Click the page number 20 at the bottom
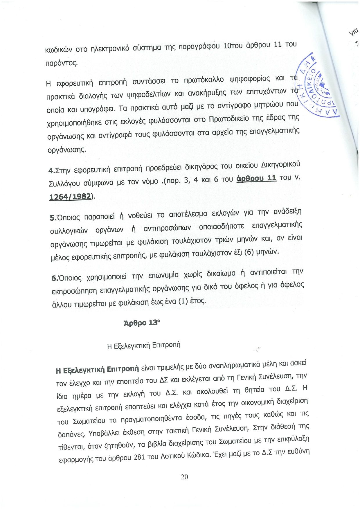point(184,477)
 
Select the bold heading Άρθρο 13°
point(142,323)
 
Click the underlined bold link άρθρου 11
point(256,178)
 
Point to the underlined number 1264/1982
point(70,197)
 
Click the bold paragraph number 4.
point(51,171)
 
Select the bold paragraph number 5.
point(53,218)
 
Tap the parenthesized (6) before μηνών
point(249,252)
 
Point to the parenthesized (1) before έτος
point(183,302)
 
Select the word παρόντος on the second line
point(62,63)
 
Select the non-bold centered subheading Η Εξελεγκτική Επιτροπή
point(144,345)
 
